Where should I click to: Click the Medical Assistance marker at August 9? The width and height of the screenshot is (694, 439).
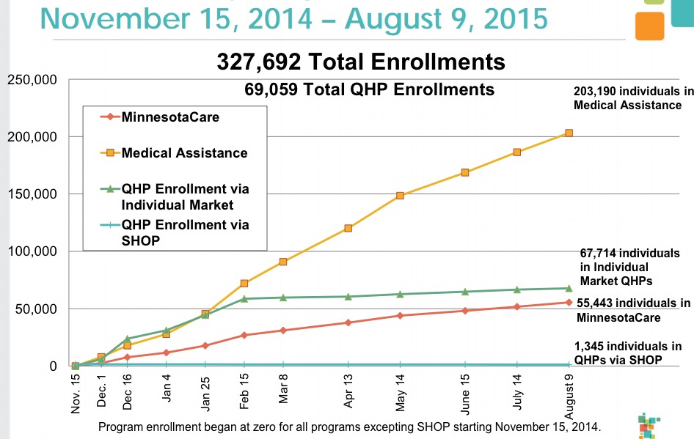point(569,133)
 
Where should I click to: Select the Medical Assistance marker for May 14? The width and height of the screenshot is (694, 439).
point(400,196)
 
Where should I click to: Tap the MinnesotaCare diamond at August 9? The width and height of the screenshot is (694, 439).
point(569,302)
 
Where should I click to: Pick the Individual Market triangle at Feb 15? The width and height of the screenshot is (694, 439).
point(244,298)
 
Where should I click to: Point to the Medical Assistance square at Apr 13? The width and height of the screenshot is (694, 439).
point(348,228)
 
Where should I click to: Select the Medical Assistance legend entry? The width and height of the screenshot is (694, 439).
point(184,153)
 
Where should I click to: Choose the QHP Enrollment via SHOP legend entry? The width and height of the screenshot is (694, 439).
point(185,232)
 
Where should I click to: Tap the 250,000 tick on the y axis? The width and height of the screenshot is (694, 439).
point(32,80)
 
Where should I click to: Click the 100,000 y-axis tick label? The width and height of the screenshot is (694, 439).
point(32,251)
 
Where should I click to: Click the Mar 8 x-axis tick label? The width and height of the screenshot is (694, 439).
point(283,394)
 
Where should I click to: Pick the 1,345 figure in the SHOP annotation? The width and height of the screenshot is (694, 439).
point(591,347)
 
